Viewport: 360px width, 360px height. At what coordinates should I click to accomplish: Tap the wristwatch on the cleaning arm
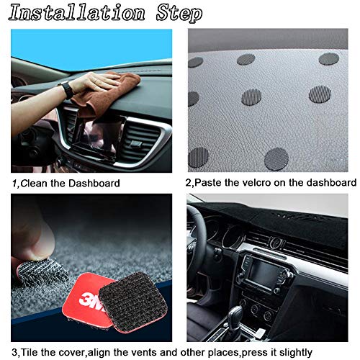coord(66,90)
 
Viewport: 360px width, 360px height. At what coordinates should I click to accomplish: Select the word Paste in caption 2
coord(211,183)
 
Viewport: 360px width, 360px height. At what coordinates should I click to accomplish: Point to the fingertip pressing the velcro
coord(29,238)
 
